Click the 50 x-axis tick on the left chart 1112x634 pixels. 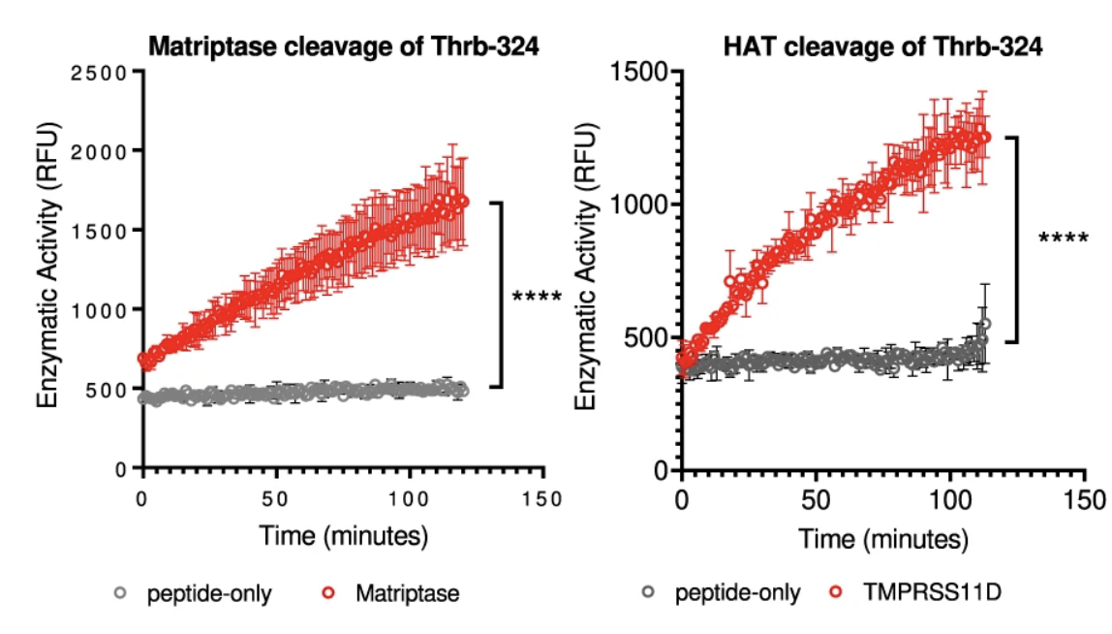(x=276, y=498)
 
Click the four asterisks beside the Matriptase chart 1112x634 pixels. (x=536, y=296)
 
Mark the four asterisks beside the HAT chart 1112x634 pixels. (x=1063, y=238)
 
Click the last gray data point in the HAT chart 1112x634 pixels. (x=985, y=325)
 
